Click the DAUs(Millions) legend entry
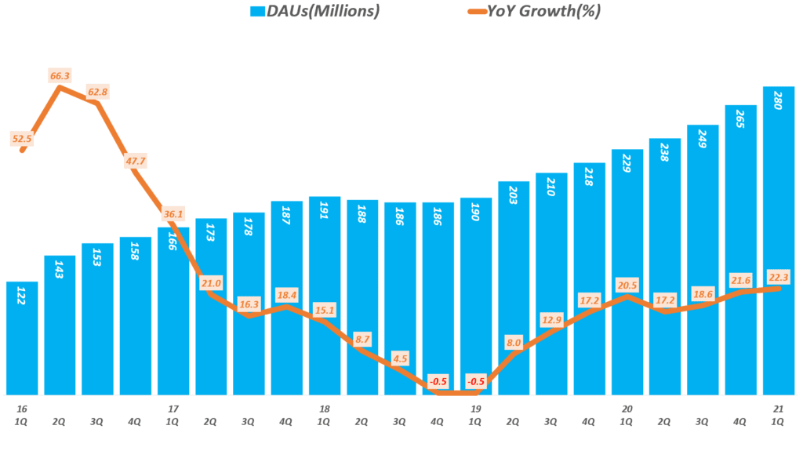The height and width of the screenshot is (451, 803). click(314, 11)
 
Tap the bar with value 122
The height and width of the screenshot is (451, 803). click(21, 337)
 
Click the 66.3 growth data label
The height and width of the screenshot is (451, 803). click(60, 76)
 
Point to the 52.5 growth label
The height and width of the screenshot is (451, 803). click(22, 139)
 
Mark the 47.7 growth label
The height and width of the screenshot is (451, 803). click(136, 161)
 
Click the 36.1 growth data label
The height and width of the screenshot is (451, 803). click(173, 213)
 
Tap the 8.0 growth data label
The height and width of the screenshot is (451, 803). click(514, 342)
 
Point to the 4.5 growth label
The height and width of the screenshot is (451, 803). click(401, 359)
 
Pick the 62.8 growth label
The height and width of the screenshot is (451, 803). click(98, 92)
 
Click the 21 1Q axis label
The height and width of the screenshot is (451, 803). click(779, 415)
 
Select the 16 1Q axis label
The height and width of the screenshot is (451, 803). click(21, 415)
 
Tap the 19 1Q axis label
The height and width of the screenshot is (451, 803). click(476, 415)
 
